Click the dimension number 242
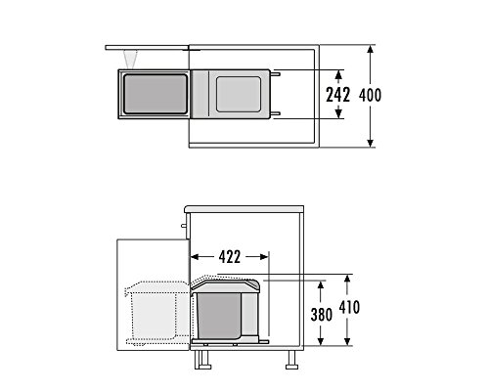(x=338, y=95)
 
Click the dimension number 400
(x=370, y=96)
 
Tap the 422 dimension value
(x=230, y=257)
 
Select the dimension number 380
(x=322, y=315)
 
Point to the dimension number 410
(x=349, y=307)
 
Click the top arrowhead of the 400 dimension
(x=370, y=49)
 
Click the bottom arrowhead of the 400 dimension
(x=370, y=143)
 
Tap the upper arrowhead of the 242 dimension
(x=338, y=74)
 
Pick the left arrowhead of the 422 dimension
(x=195, y=257)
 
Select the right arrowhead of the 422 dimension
(x=264, y=257)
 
